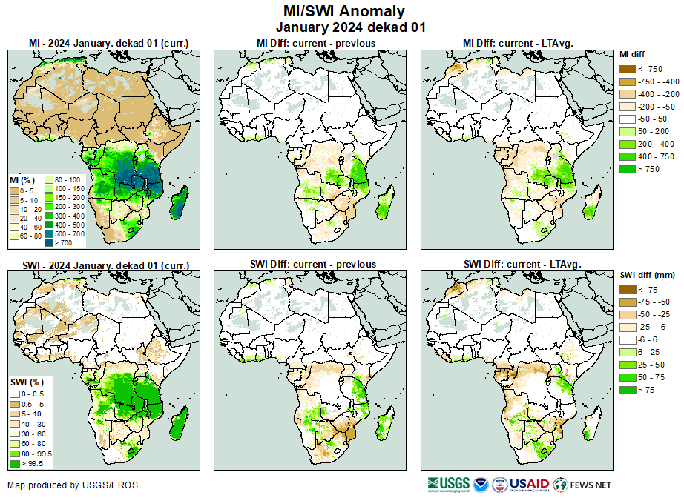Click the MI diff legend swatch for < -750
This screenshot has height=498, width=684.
coord(628,69)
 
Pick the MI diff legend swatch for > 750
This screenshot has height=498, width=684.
coord(628,169)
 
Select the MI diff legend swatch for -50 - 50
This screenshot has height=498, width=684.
coord(628,119)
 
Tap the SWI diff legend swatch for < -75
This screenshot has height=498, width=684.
coord(628,290)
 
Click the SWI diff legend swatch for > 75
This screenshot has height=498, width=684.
coord(628,390)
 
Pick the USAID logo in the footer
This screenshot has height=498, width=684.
coord(528,485)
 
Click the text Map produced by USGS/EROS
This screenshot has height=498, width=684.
coord(73,485)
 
